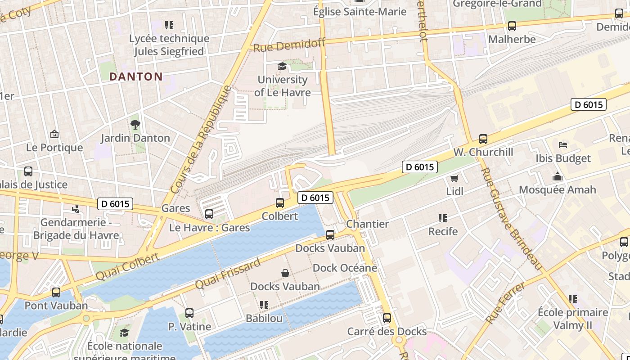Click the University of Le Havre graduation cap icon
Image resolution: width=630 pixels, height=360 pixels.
tap(282, 67)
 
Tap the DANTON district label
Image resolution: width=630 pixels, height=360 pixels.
tap(136, 76)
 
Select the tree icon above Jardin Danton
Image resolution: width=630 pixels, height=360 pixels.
tap(135, 124)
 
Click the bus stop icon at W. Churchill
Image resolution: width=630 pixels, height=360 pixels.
tap(483, 139)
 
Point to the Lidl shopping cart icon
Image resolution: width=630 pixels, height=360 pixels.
tap(454, 178)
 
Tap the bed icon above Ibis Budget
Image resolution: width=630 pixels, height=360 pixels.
tap(562, 145)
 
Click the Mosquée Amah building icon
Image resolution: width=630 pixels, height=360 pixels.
tap(558, 176)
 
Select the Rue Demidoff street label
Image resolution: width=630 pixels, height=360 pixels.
tap(289, 45)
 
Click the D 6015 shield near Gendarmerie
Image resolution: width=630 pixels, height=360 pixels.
tap(115, 204)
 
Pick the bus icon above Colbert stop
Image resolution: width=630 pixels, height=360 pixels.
tap(280, 203)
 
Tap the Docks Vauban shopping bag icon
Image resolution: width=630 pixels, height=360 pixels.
tap(285, 273)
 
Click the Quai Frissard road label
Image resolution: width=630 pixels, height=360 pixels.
tap(228, 274)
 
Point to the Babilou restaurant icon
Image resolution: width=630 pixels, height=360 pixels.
tap(264, 305)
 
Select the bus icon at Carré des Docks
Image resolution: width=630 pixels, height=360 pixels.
tap(387, 318)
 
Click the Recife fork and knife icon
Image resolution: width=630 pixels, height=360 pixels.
tap(443, 218)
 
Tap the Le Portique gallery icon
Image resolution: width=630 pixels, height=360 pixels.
tap(54, 134)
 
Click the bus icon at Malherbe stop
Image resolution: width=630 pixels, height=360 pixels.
tap(512, 26)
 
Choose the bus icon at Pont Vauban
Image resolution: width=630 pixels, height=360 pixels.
tap(56, 292)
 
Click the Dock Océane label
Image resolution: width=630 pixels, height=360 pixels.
tap(345, 268)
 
